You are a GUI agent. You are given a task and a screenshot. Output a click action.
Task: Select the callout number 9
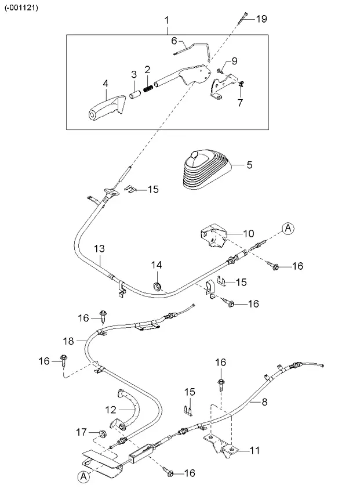(235, 61)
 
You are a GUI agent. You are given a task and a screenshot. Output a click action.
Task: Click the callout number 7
(240, 103)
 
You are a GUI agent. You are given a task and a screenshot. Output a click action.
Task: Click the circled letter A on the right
(289, 229)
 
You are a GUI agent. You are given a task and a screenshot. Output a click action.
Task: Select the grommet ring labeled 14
(157, 286)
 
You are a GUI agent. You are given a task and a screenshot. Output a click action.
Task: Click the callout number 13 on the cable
(99, 248)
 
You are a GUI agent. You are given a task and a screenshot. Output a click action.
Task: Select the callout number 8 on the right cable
(265, 400)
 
